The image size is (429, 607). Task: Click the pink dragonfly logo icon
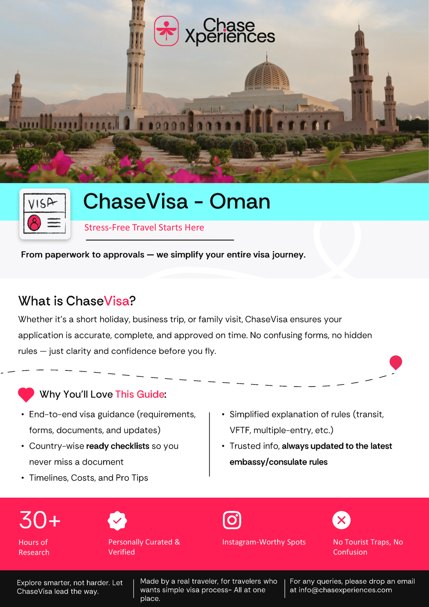[166, 31]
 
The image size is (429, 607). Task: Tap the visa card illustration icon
[45, 214]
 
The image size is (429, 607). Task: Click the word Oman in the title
[240, 201]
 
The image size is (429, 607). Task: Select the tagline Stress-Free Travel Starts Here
[144, 227]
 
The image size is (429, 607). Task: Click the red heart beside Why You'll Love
[26, 394]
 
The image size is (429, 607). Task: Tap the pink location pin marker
[395, 362]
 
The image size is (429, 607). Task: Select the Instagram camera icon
[232, 520]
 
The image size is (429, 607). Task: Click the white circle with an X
[341, 520]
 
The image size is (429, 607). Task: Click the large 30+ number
[40, 520]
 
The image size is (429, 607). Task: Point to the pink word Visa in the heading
[117, 301]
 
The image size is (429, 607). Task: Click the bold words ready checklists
[117, 446]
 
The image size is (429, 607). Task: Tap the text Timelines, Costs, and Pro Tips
[88, 478]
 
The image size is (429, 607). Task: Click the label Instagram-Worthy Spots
[264, 542]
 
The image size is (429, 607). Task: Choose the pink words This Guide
[140, 394]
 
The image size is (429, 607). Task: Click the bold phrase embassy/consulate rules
[279, 462]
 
